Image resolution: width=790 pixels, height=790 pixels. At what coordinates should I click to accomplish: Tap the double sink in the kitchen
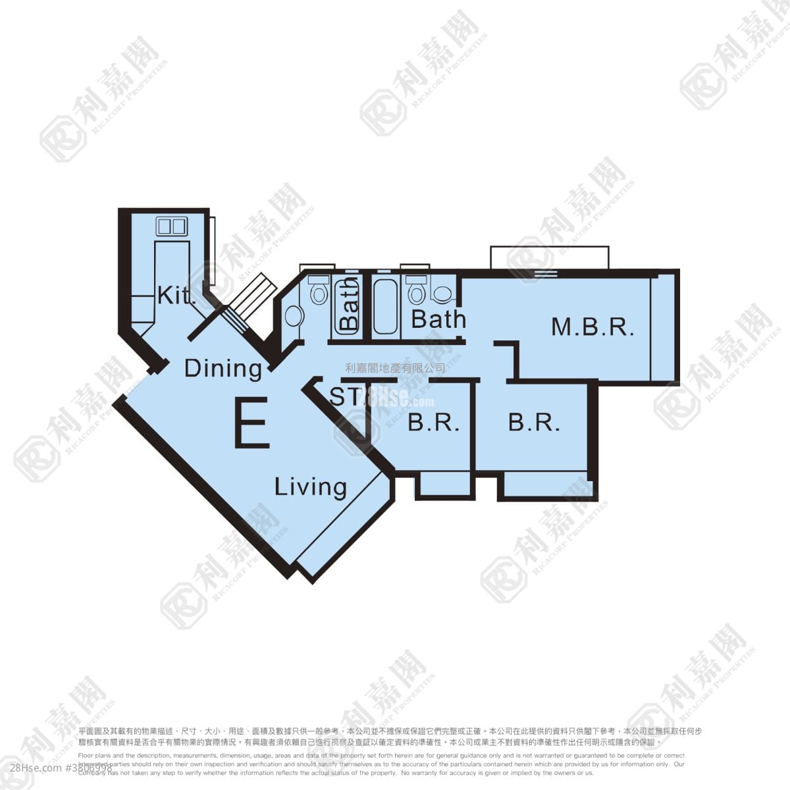click(x=171, y=226)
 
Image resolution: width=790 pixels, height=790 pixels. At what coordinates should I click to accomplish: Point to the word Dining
click(x=223, y=368)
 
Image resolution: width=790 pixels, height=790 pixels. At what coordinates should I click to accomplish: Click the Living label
click(x=311, y=487)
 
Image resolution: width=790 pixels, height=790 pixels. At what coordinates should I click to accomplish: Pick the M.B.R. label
click(x=592, y=327)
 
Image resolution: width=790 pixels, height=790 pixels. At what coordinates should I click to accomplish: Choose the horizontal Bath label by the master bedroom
click(x=438, y=319)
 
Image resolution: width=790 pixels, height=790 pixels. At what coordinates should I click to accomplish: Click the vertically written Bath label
click(x=350, y=303)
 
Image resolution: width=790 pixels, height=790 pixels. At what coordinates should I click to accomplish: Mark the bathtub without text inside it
click(x=384, y=307)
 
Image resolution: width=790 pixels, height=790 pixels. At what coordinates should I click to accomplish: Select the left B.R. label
click(x=433, y=423)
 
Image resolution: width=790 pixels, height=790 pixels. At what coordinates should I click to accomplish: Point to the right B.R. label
click(x=534, y=423)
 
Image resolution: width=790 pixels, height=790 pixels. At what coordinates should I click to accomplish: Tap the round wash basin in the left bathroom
click(x=294, y=317)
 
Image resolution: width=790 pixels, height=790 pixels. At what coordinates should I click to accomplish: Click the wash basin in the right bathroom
click(x=442, y=292)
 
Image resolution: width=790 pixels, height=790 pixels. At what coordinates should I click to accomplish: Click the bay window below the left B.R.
click(x=447, y=485)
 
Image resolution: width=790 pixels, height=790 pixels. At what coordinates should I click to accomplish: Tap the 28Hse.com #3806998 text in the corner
click(x=56, y=768)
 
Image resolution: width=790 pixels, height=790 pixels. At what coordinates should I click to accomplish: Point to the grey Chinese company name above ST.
click(x=395, y=368)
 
